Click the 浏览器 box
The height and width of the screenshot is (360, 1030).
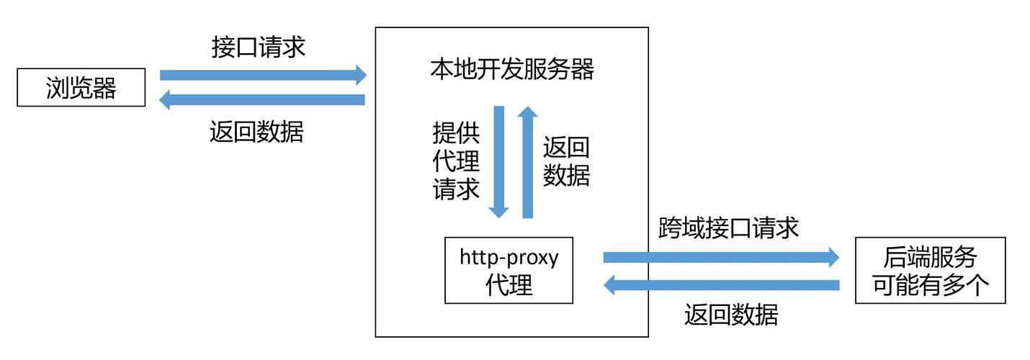81,87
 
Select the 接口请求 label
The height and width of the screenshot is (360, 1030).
259,47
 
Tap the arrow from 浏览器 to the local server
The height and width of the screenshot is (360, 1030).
263,76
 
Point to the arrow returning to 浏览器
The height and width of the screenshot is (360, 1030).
262,100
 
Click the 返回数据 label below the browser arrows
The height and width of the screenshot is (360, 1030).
256,132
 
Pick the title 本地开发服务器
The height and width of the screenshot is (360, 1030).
512,69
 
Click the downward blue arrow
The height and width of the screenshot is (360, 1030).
499,162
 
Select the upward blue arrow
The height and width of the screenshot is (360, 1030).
527,162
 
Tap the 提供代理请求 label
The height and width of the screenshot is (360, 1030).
456,161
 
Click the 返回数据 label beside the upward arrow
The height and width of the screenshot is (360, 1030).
566,161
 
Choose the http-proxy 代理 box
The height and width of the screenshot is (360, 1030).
509,270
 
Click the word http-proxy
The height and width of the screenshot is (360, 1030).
509,258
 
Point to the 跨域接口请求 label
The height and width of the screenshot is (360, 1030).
728,228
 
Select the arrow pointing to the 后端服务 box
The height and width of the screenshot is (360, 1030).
721,258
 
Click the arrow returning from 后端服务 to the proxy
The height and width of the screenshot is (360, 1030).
721,285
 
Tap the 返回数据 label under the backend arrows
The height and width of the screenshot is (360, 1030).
731,315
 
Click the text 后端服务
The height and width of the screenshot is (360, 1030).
930,258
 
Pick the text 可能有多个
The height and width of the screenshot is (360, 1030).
930,285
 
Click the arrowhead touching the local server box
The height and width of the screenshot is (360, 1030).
361,76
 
